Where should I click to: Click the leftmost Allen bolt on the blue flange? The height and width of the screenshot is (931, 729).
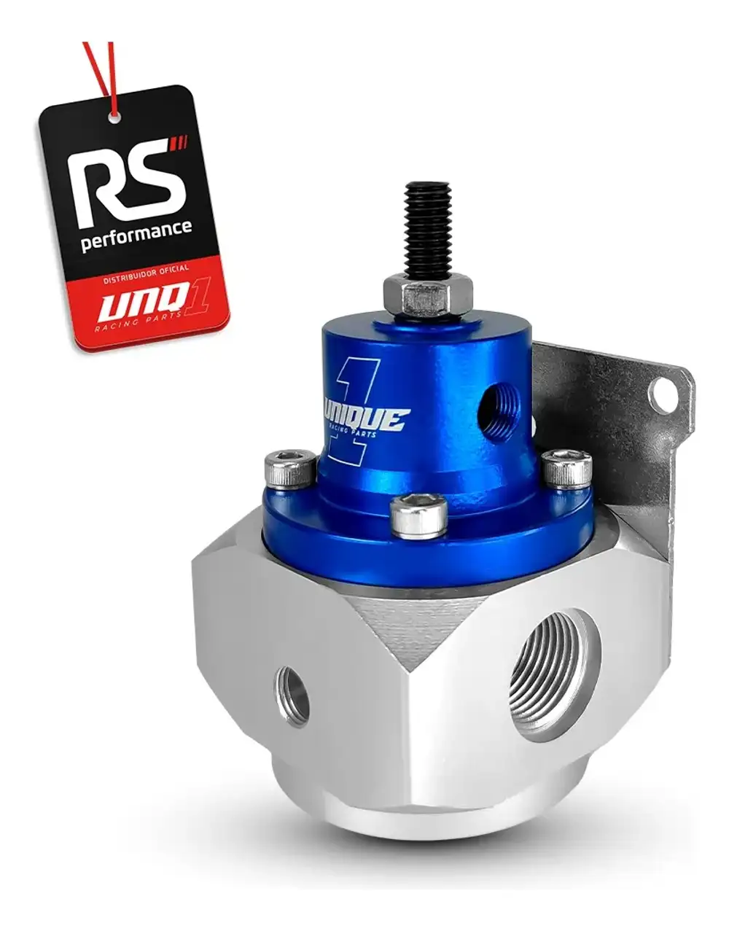tap(291, 468)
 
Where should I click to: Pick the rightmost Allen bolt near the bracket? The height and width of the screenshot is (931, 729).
tap(567, 469)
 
